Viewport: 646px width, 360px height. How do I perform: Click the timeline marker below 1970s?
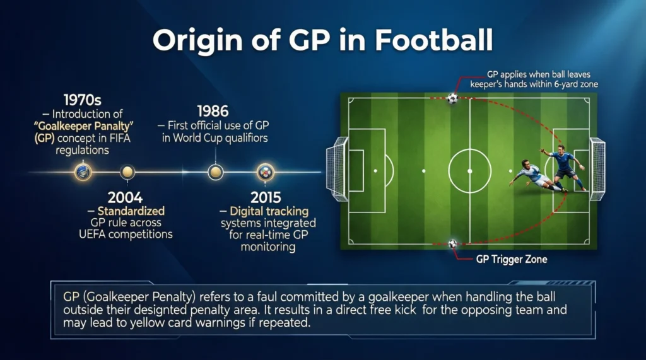point(83,171)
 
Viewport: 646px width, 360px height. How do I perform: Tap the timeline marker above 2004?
point(127,171)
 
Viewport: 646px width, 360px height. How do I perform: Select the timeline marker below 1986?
point(215,171)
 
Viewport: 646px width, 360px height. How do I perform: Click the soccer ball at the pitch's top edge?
point(452,98)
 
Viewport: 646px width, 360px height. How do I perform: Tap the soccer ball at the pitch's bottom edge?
point(452,243)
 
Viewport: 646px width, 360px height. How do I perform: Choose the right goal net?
point(597,165)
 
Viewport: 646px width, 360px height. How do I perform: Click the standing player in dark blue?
point(563,165)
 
